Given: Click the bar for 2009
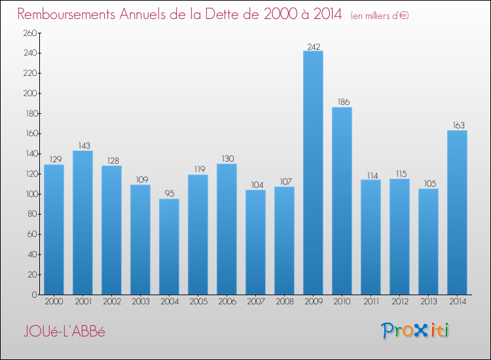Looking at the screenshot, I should click(313, 173).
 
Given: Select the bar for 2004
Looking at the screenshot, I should click(169, 247).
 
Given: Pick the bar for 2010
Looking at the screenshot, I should click(342, 201).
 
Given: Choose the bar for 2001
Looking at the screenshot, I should click(82, 223).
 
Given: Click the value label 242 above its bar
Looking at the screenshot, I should click(313, 46).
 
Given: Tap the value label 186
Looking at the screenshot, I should click(342, 103).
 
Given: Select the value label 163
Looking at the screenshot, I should click(457, 126).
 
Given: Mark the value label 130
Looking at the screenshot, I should click(227, 159).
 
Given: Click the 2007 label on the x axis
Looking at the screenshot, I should click(255, 301).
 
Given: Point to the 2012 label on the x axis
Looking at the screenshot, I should click(399, 301).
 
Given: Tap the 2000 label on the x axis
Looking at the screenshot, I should click(54, 301).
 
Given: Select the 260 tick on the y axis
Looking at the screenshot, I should click(29, 33).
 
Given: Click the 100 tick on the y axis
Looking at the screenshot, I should click(29, 194).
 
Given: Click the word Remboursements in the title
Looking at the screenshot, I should click(69, 14).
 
